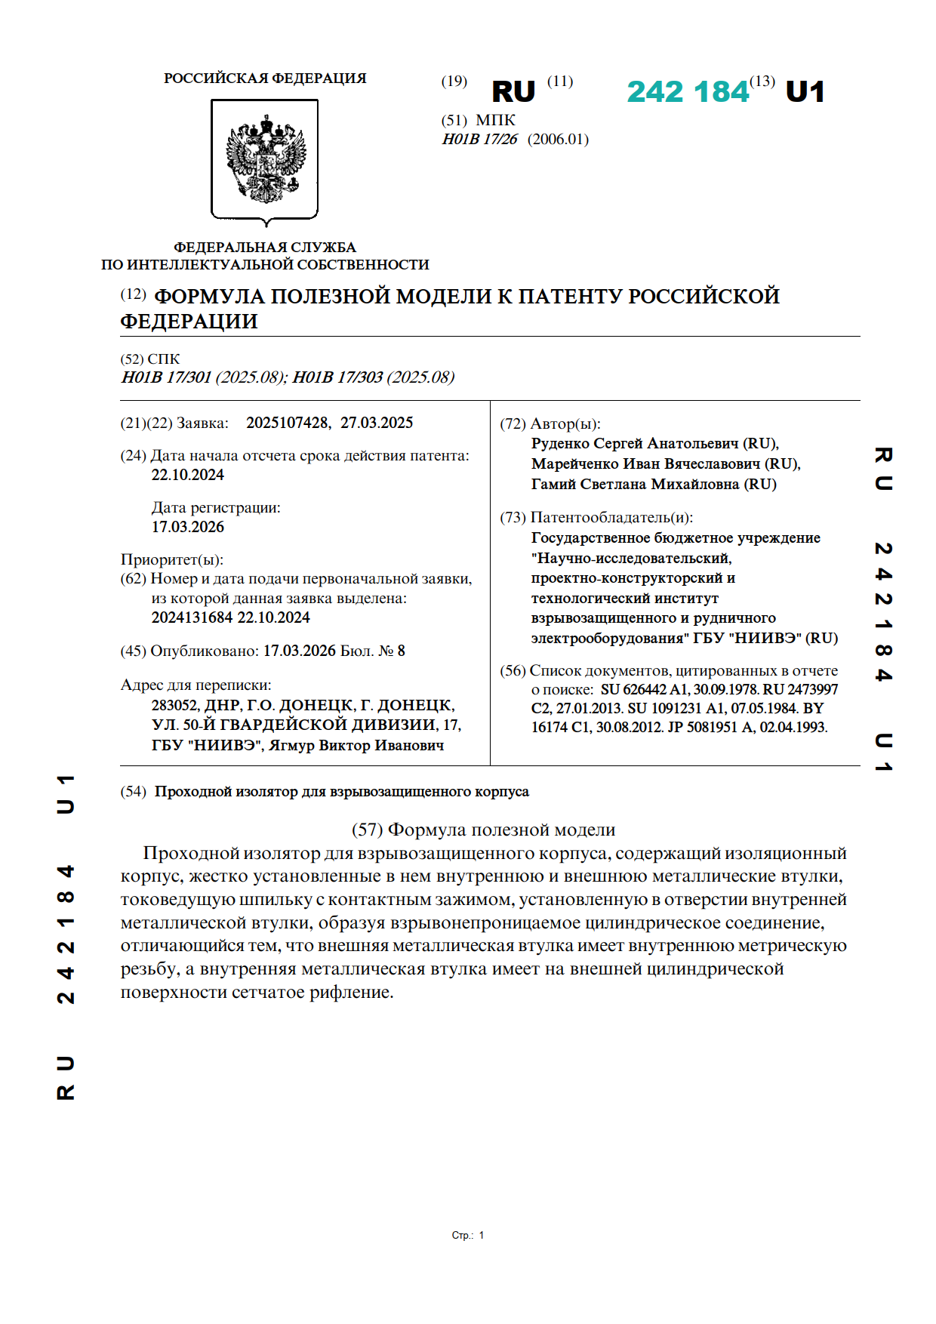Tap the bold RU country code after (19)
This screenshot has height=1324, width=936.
pos(513,92)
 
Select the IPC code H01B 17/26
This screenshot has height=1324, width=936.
pos(480,139)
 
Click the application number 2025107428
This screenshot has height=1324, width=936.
pos(287,423)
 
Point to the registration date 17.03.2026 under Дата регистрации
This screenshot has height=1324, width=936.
pos(188,527)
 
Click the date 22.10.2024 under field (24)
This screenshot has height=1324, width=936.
pos(188,475)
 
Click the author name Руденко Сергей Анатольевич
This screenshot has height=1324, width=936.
pos(636,443)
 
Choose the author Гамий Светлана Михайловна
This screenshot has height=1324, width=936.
pos(636,484)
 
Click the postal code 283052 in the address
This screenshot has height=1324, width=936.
pos(174,705)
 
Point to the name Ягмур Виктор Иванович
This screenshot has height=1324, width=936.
pos(356,745)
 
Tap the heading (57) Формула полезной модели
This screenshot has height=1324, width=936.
pos(483,830)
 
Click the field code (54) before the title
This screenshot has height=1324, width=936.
pos(134,791)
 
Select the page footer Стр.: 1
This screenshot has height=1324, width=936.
pos(467,1236)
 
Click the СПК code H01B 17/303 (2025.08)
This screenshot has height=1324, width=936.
pos(373,377)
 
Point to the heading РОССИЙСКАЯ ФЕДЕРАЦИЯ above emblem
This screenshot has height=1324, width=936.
pos(265,79)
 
